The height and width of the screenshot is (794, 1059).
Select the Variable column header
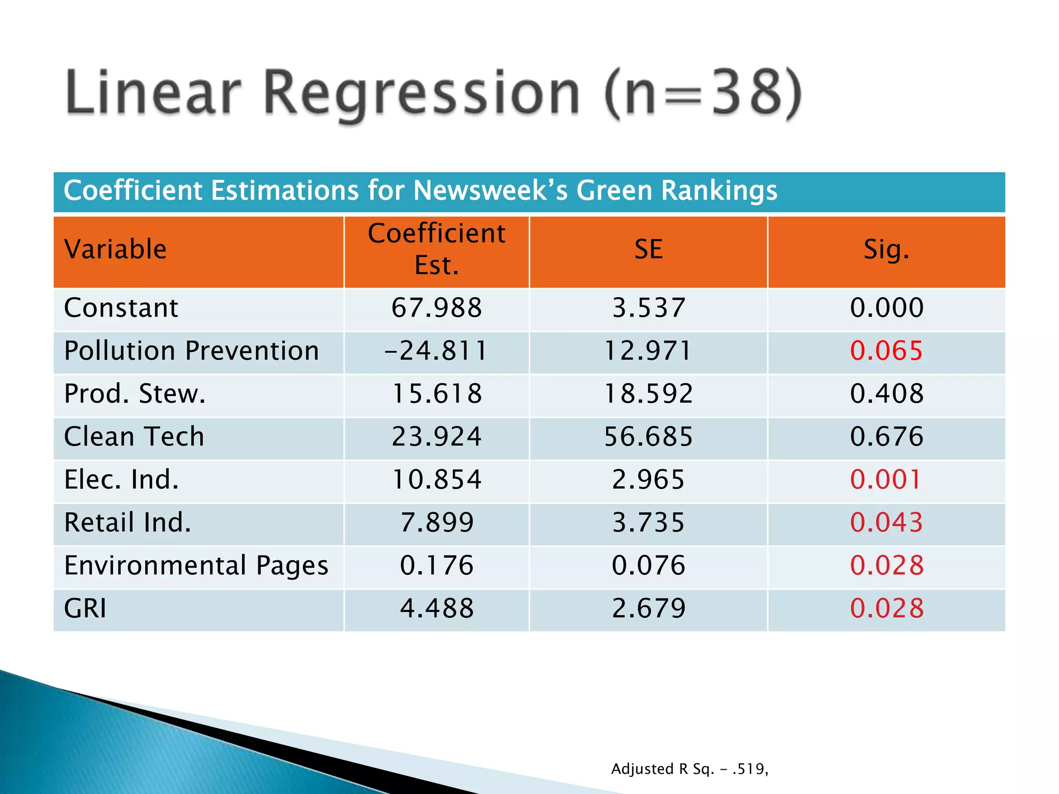115,250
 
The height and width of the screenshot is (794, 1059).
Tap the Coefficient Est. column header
436,250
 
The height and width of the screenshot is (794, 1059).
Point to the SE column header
648,250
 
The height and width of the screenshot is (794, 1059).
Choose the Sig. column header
886,250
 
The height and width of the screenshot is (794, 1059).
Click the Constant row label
121,308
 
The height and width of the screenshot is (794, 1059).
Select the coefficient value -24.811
436,351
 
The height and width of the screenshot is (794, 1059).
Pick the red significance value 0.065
886,351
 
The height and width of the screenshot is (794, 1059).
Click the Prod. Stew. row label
134,394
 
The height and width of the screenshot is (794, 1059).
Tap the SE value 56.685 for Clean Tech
648,437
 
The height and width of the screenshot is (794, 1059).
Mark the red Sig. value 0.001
885,480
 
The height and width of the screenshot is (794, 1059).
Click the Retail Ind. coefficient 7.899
436,523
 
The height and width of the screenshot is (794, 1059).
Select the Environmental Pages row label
196,566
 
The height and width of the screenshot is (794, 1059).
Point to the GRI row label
85,608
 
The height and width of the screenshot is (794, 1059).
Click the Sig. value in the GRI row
886,608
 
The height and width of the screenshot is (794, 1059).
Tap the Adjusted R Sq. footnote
689,769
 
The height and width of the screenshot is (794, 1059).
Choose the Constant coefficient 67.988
436,308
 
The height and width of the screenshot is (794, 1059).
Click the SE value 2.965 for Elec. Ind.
648,480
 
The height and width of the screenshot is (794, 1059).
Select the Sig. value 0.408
886,394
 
